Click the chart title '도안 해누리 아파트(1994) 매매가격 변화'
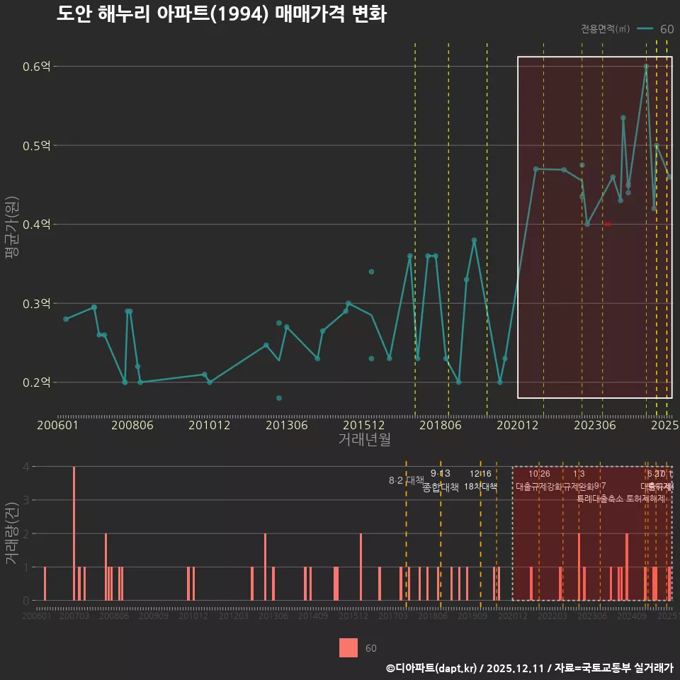221,14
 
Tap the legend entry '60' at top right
666,29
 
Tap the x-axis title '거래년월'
364,440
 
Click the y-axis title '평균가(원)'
12,225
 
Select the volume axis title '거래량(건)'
12,533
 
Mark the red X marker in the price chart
607,225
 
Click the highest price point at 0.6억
646,67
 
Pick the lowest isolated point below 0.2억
279,398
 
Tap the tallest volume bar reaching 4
74,533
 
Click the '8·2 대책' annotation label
406,480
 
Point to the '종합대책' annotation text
441,487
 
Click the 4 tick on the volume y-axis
26,467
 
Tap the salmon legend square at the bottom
348,647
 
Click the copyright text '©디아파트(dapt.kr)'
432,668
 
